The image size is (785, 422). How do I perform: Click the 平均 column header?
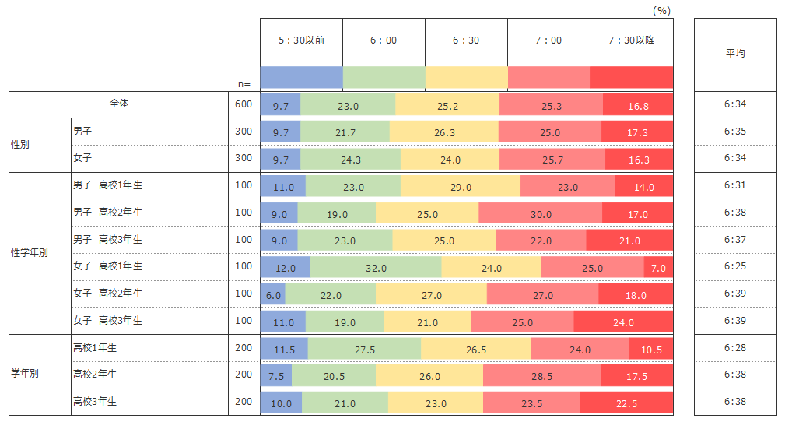pos(735,53)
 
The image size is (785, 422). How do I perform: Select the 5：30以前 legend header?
pos(301,40)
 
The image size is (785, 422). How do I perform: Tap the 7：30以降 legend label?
pos(631,40)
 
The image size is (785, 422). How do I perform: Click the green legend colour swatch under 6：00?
pos(384,78)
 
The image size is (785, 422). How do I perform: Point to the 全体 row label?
pos(119,104)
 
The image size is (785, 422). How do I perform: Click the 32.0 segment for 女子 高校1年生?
pos(376,268)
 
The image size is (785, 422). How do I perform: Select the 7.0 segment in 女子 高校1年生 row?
pos(658,268)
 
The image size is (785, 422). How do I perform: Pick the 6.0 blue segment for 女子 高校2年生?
pos(272,295)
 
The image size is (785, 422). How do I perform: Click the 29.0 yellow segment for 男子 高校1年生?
pos(460,187)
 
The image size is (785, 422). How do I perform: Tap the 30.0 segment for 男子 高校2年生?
pos(541,214)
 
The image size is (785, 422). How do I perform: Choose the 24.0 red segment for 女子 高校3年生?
pos(623,322)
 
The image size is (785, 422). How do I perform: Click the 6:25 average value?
pos(734,266)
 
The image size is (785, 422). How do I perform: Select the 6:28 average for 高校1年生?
pos(734,347)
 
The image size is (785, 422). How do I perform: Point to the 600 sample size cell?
pos(244,104)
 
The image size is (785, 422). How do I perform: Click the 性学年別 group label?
pos(30,253)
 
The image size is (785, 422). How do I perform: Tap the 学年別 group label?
pos(24,374)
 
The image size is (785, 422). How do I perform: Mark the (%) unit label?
pos(661,10)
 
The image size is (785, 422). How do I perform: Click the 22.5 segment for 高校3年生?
pos(626,403)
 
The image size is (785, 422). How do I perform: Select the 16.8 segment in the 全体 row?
pos(637,106)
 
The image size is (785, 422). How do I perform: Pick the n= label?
pos(244,83)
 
